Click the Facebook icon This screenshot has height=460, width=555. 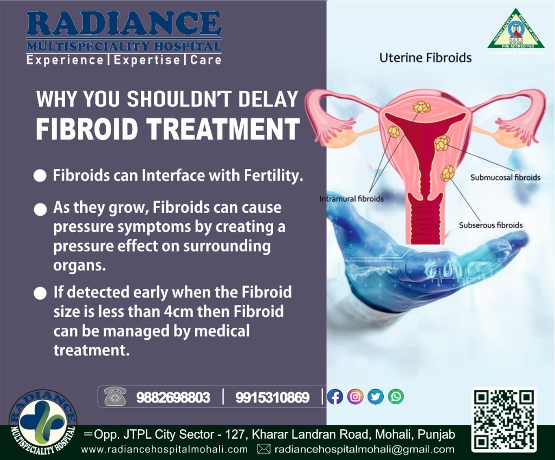pyautogui.click(x=335, y=397)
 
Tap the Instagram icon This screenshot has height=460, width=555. pyautogui.click(x=356, y=397)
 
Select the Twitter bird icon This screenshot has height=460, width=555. pyautogui.click(x=376, y=397)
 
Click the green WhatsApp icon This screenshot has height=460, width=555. pyautogui.click(x=396, y=397)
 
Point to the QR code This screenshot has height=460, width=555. pyautogui.click(x=504, y=420)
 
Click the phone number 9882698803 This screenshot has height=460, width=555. pyautogui.click(x=173, y=398)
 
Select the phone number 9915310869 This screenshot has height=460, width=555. pyautogui.click(x=272, y=398)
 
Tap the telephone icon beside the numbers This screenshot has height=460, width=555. pyautogui.click(x=115, y=397)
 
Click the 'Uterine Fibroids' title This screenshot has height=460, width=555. pyautogui.click(x=425, y=57)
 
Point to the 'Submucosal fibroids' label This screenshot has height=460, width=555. pyautogui.click(x=505, y=177)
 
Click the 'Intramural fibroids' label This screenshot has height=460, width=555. pyautogui.click(x=352, y=199)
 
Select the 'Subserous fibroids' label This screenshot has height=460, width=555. pyautogui.click(x=491, y=225)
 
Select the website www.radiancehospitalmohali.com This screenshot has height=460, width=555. pyautogui.click(x=165, y=449)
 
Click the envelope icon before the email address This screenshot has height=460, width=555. pyautogui.click(x=263, y=449)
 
